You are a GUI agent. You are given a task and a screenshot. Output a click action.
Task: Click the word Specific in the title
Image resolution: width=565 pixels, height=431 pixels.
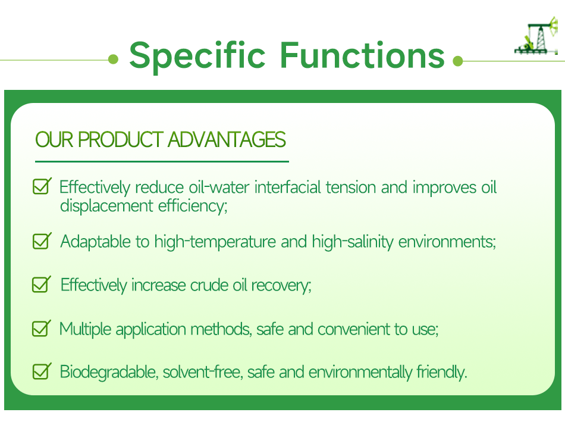[197, 55]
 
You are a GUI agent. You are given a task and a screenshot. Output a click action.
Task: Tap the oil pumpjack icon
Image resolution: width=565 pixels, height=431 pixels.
[536, 36]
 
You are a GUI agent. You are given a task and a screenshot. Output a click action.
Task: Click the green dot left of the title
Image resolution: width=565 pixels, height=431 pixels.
[113, 59]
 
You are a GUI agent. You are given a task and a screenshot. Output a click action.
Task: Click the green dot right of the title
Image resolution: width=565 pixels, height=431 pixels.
[457, 61]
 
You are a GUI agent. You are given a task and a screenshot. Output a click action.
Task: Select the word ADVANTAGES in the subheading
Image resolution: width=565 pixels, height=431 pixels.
[227, 139]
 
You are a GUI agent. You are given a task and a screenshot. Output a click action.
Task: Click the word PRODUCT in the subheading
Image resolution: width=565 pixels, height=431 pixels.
[121, 139]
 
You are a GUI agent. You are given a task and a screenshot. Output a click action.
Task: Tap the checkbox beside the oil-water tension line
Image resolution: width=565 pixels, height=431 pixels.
[42, 186]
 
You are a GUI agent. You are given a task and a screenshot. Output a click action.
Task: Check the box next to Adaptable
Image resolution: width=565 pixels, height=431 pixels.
[42, 241]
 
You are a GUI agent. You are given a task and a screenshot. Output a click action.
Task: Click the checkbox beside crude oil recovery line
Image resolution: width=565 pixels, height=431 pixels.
[41, 284]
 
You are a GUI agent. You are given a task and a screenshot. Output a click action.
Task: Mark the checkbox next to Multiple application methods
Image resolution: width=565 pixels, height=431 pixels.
[41, 328]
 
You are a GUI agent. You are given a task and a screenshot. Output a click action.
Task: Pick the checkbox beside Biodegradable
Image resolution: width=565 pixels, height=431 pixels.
[42, 371]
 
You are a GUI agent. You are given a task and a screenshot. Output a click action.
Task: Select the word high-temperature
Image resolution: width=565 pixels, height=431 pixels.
[215, 242]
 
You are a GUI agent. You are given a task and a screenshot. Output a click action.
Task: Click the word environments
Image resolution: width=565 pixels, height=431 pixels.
[447, 242]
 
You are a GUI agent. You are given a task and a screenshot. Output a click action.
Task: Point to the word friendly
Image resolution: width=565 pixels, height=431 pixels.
[442, 372]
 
